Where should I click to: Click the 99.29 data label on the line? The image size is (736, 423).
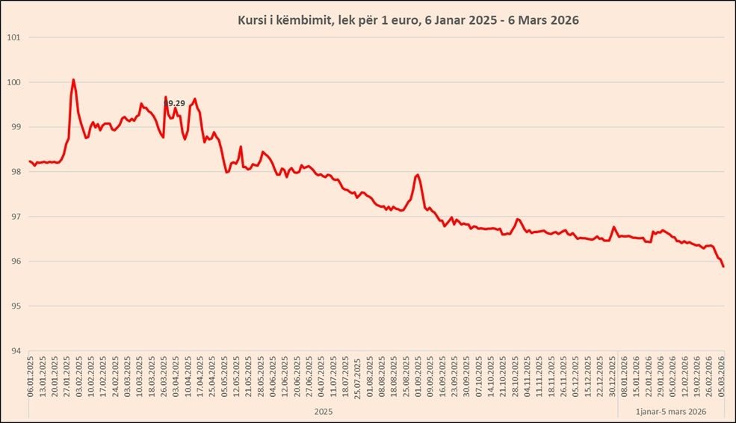click(174, 103)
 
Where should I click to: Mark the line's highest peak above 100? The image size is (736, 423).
click(73, 79)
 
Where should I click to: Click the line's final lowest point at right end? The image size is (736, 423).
click(723, 266)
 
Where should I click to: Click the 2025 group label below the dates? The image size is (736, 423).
click(323, 411)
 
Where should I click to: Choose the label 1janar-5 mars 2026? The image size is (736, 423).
click(670, 411)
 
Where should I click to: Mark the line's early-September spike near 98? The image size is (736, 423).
click(417, 175)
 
